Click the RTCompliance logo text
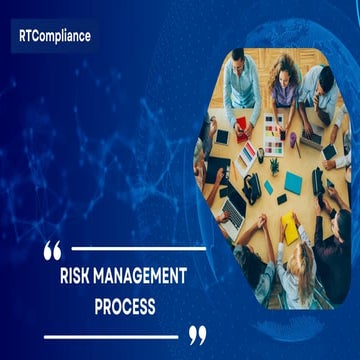pyautogui.click(x=54, y=36)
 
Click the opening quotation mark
pyautogui.click(x=52, y=249)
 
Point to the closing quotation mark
pyautogui.click(x=197, y=333)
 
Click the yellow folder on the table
pyautogui.click(x=291, y=228)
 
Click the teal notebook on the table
pyautogui.click(x=293, y=183)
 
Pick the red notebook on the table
pyautogui.click(x=243, y=127)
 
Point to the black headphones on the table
pyautogui.click(x=250, y=185)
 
